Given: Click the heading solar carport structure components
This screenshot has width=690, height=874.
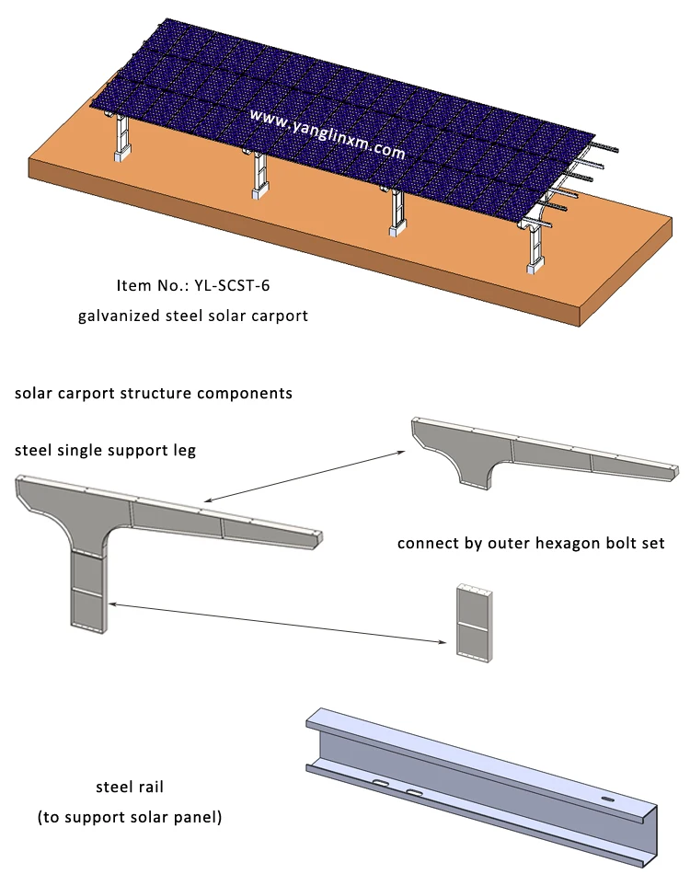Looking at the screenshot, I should [x=154, y=393].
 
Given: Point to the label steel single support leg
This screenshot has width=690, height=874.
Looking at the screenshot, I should [x=105, y=450].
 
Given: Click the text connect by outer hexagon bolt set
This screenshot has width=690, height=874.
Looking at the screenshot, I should [x=531, y=544].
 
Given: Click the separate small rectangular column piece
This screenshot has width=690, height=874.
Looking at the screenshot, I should [x=475, y=625].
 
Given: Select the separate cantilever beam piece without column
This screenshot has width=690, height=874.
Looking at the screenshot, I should [x=543, y=451].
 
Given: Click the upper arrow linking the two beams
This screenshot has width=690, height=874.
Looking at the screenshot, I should [x=304, y=476].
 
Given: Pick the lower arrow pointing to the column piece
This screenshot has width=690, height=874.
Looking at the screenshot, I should [x=276, y=621].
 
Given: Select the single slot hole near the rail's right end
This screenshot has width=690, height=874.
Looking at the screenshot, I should [x=608, y=799].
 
